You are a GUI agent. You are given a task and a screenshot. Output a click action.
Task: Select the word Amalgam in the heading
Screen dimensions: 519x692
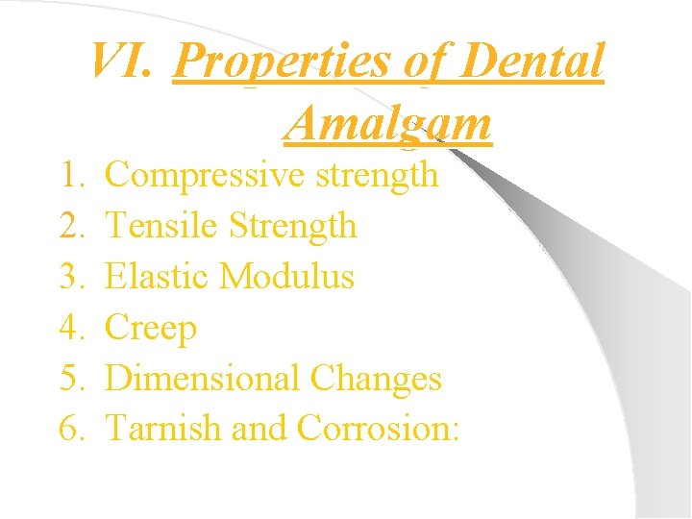[388, 122]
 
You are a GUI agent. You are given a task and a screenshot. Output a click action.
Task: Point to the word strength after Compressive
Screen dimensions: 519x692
[378, 175]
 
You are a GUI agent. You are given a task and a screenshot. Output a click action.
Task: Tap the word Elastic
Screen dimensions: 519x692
[158, 277]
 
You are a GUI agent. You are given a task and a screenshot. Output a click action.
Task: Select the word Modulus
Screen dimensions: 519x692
[286, 277]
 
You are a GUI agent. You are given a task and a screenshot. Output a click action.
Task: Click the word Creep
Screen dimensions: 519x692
[150, 328]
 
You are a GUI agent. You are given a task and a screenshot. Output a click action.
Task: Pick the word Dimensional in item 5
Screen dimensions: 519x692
[206, 378]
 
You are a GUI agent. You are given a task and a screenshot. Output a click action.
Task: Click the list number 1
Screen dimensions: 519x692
[73, 175]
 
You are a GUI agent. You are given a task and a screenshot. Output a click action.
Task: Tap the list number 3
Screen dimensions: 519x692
[73, 277]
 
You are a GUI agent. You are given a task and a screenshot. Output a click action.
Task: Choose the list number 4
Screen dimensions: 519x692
[73, 328]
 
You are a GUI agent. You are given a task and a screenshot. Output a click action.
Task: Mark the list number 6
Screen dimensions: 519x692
[73, 428]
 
